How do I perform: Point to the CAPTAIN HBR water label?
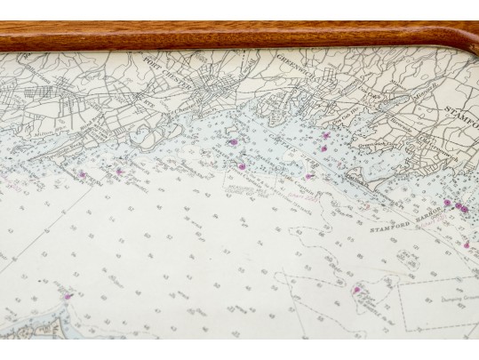pos(293,152)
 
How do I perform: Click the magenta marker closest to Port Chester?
pos(233,140)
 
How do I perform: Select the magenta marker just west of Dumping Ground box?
pos(356,289)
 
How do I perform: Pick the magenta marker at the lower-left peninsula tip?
pos(66,297)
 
